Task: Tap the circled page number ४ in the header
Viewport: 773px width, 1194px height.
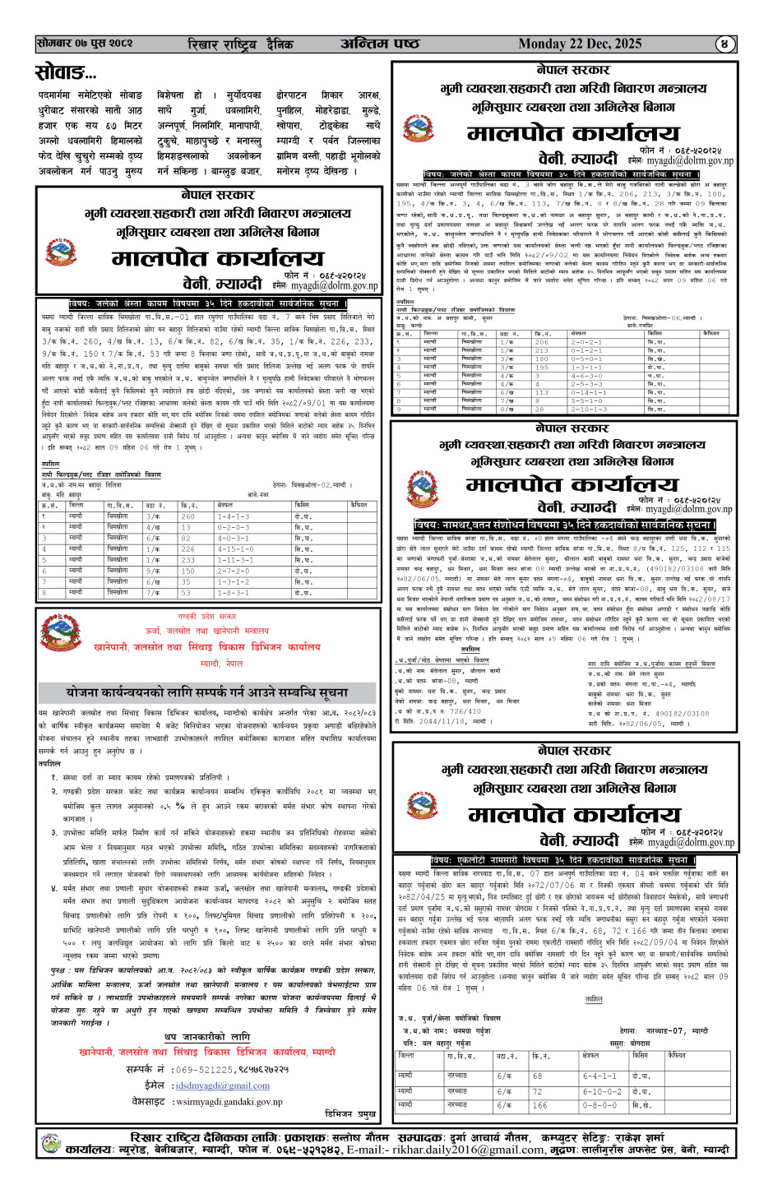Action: (x=724, y=44)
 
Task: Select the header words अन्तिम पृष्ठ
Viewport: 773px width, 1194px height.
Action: (x=379, y=44)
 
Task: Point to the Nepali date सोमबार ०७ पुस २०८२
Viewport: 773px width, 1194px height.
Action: (x=85, y=43)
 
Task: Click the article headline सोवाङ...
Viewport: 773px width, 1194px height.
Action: (x=66, y=73)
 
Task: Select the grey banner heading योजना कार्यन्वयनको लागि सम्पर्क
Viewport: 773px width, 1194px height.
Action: (x=206, y=692)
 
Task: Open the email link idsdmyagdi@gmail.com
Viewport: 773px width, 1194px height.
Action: (x=222, y=1085)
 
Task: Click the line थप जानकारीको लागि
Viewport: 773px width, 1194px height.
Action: (x=206, y=1037)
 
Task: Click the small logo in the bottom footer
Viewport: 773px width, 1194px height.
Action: (x=50, y=1143)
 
